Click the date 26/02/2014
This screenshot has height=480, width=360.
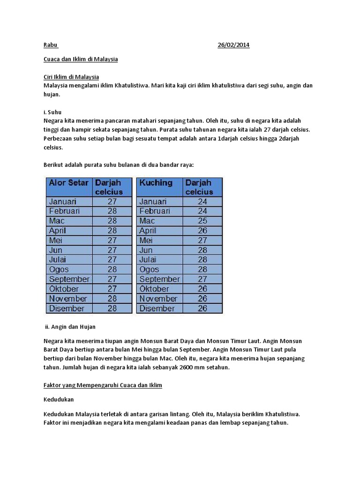(233, 45)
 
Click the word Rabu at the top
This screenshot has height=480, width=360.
(50, 45)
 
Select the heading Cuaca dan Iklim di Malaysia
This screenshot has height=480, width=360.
(81, 60)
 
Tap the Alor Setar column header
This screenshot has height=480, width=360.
(68, 183)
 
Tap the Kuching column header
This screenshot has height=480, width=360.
(156, 183)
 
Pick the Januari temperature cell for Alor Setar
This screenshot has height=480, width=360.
(112, 202)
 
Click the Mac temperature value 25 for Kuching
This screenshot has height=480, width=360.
(202, 221)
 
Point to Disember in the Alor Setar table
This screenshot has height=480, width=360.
(67, 308)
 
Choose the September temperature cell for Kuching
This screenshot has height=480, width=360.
(202, 279)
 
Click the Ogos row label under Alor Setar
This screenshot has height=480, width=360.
(59, 270)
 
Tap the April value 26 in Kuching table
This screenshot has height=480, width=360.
(202, 231)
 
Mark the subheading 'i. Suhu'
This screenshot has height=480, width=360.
(52, 112)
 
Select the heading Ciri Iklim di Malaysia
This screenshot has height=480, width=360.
(71, 77)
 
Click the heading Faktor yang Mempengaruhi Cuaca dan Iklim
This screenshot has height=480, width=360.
(103, 385)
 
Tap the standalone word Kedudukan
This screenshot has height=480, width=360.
(59, 400)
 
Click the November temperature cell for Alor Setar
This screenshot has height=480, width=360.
(112, 299)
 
